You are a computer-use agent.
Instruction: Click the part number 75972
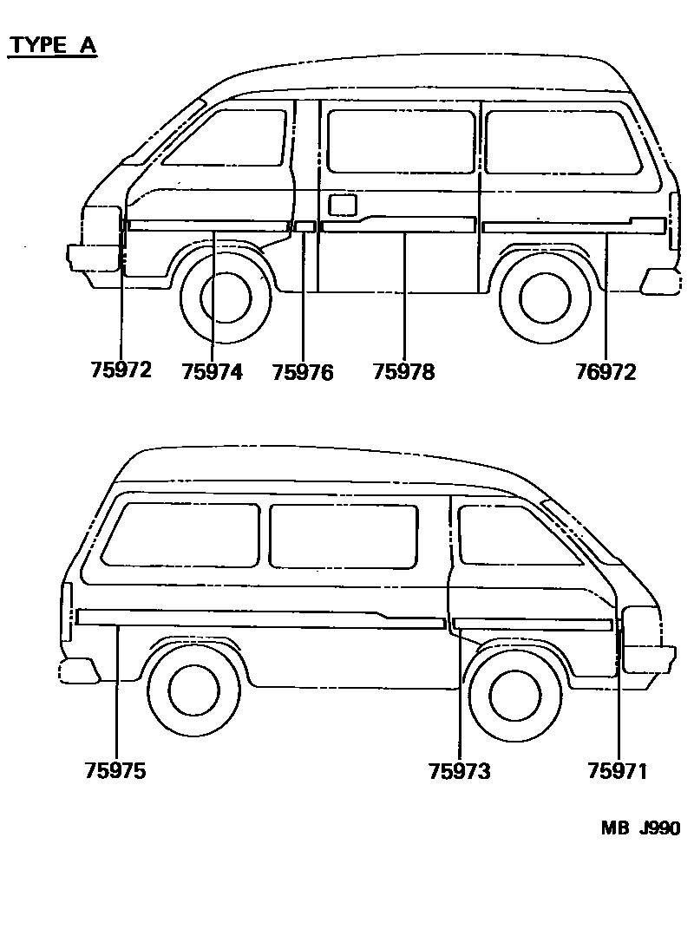coord(121,370)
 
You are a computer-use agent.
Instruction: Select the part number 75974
coord(213,372)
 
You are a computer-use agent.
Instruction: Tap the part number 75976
coord(303,372)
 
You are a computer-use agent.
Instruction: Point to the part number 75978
coord(403,372)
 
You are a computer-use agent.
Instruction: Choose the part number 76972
coord(606,372)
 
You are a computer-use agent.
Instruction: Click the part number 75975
coord(115,771)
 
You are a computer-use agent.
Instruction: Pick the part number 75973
coord(459,771)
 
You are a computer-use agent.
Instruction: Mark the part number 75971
coord(618,771)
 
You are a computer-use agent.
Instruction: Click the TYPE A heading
coord(52,45)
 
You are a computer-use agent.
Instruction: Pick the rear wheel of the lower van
coord(193,690)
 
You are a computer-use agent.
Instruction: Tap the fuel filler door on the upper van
coord(344,204)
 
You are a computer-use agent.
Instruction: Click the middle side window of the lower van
coord(344,535)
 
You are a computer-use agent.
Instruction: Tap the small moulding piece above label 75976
coord(304,227)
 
